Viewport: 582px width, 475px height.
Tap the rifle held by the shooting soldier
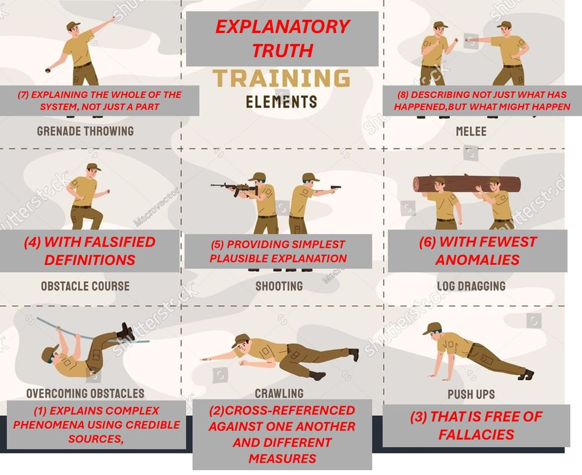pos(234,188)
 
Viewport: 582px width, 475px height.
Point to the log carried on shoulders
pos(467,184)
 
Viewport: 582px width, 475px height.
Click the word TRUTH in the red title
pos(282,50)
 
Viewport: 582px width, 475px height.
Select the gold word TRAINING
pos(281,78)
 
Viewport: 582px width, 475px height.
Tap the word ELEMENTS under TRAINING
pos(281,102)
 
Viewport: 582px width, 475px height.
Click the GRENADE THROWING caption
pos(86,131)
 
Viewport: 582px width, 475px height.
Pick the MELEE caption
pos(471,132)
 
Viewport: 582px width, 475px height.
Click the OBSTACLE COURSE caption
pos(86,286)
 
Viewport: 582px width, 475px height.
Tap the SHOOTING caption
pos(279,286)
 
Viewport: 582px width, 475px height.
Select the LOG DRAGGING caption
pos(471,286)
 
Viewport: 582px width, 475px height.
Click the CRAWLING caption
pos(279,394)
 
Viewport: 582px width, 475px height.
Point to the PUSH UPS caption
pos(471,394)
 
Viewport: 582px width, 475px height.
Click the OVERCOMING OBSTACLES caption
pos(86,394)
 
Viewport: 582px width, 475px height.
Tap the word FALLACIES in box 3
pos(476,434)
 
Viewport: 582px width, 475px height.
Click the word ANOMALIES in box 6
pos(477,260)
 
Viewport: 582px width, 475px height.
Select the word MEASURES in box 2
pos(282,458)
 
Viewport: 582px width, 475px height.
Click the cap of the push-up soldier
pos(432,328)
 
